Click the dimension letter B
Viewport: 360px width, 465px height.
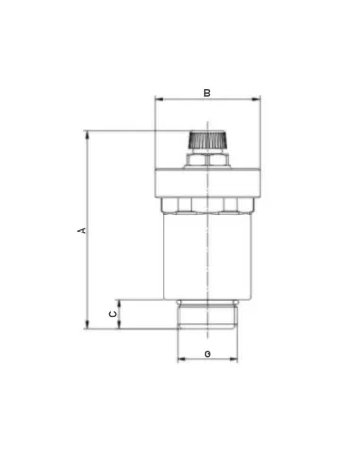pos(207,94)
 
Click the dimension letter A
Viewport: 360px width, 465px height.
pos(82,231)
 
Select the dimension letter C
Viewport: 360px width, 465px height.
pos(112,314)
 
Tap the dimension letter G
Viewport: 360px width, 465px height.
pos(207,354)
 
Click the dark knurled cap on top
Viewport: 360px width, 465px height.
pos(208,140)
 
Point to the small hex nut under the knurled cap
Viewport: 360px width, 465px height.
pos(207,160)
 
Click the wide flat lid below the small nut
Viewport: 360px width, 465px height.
pos(208,183)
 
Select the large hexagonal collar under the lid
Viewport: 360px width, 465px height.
pos(207,206)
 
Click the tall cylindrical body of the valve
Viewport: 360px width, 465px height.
pos(208,256)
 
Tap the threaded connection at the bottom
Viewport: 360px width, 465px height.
pos(207,314)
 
